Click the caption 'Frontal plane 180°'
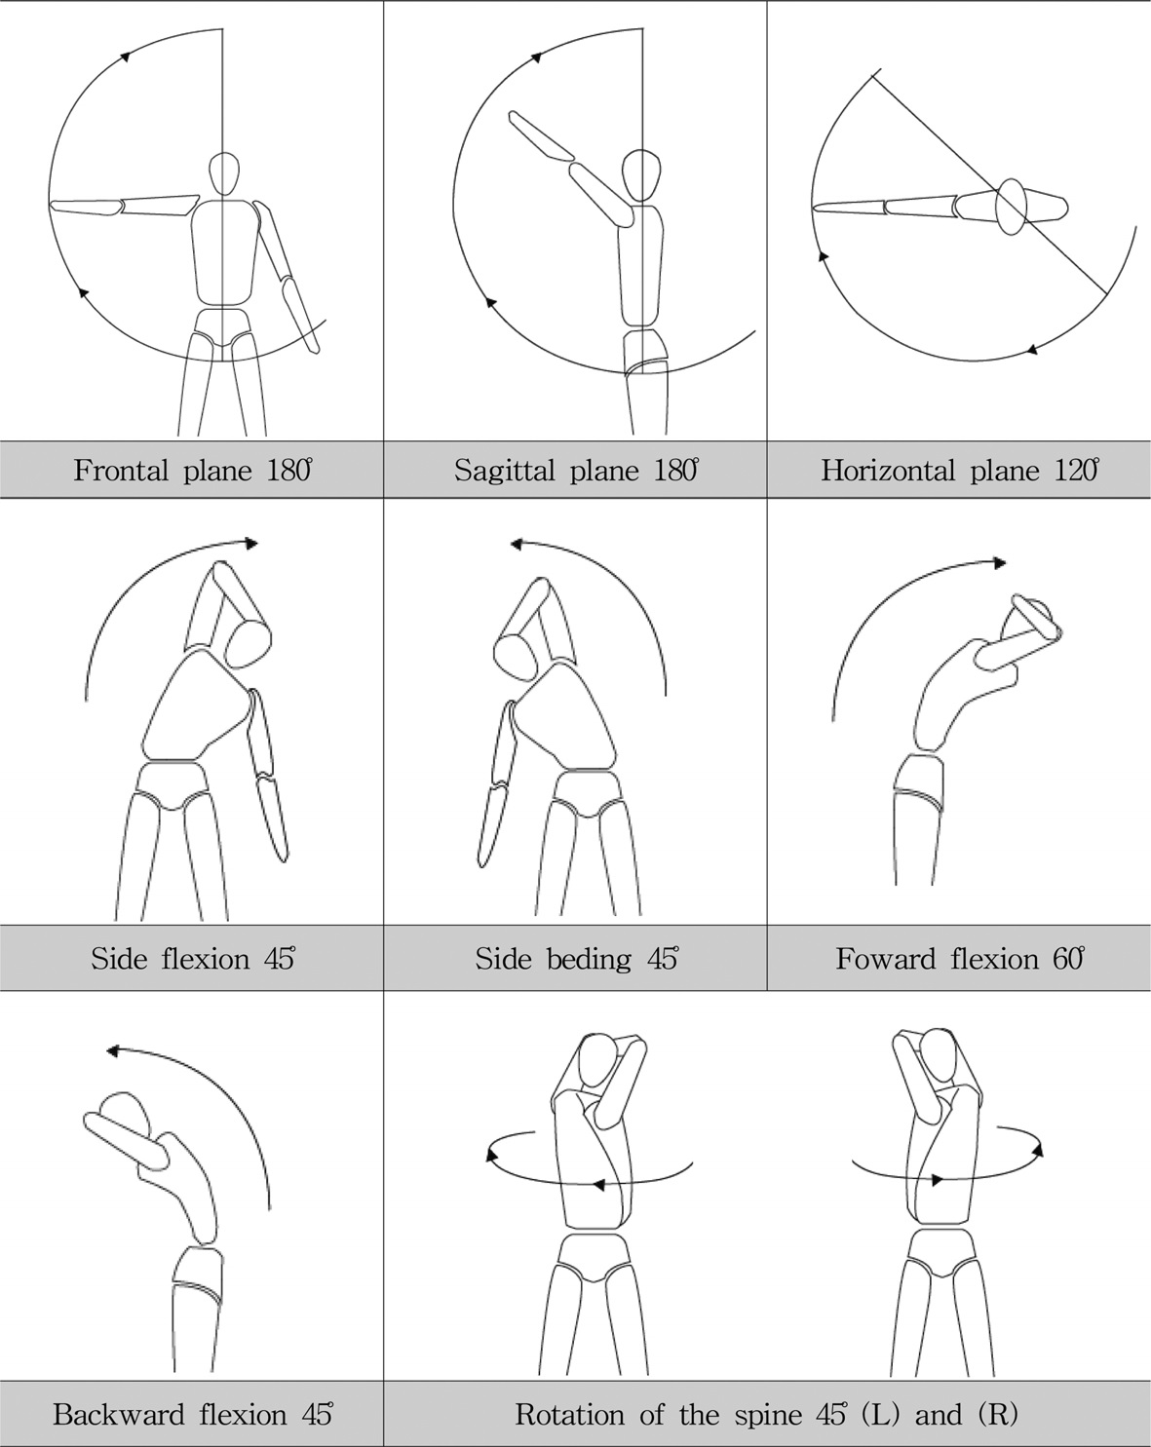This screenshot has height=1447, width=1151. pyautogui.click(x=192, y=471)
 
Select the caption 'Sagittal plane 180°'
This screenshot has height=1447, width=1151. pyautogui.click(x=576, y=471)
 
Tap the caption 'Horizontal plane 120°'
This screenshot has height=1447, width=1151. pyautogui.click(x=959, y=471)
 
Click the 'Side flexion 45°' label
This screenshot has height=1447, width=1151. pyautogui.click(x=192, y=959)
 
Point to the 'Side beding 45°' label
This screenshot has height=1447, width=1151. pyautogui.click(x=576, y=959)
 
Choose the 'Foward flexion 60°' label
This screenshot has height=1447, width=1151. pyautogui.click(x=959, y=959)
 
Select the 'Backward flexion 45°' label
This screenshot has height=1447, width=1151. pyautogui.click(x=192, y=1414)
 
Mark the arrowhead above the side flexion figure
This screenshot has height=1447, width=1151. pyautogui.click(x=253, y=543)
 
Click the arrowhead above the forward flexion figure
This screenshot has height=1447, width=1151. pyautogui.click(x=1000, y=562)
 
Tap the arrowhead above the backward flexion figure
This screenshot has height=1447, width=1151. pyautogui.click(x=112, y=1051)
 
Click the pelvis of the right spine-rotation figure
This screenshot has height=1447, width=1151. pyautogui.click(x=940, y=1252)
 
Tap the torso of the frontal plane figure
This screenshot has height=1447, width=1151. pyautogui.click(x=224, y=253)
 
